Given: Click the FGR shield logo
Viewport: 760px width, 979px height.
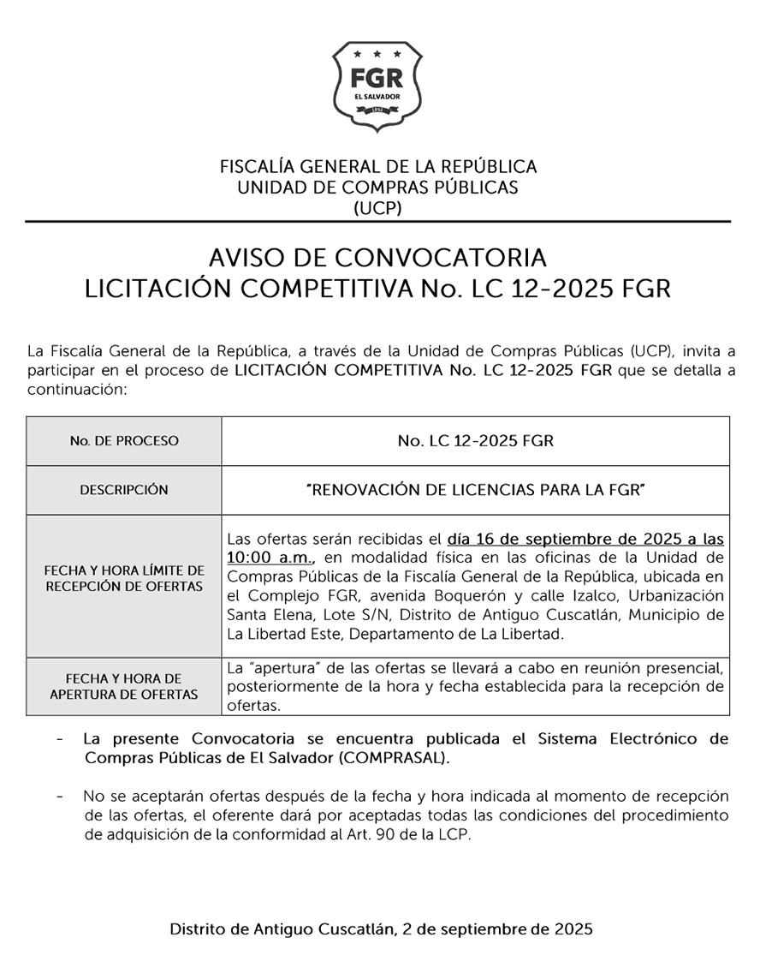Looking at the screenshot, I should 377,87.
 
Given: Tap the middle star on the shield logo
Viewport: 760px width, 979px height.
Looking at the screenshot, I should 377,56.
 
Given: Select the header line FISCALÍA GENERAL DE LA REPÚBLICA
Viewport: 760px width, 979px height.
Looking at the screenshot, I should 378,166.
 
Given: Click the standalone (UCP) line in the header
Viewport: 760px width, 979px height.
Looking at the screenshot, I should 377,207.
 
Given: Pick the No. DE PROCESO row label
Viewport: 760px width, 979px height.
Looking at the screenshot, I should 124,441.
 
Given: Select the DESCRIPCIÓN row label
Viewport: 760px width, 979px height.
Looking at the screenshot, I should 124,490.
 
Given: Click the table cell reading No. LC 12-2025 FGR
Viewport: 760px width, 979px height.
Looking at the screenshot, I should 475,441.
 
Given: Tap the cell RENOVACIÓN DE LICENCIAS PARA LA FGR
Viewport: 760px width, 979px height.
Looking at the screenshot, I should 475,490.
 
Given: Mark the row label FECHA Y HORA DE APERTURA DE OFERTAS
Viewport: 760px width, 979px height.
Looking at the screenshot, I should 124,686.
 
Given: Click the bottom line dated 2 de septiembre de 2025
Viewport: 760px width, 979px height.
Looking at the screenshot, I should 381,928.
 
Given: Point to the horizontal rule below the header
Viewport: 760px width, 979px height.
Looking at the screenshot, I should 377,222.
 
